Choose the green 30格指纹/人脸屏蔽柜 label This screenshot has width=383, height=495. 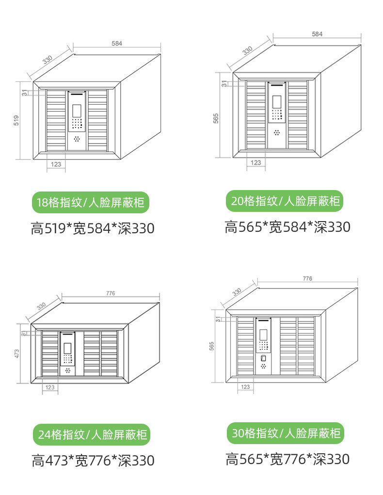point(286,433)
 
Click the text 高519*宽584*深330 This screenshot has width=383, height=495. point(93,228)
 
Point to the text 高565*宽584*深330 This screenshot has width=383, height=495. point(287,226)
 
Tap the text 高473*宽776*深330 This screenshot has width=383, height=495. point(93,460)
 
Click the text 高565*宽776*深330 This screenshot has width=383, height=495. point(287,459)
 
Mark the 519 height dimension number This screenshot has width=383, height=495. point(16,121)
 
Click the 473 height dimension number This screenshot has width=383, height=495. point(17,353)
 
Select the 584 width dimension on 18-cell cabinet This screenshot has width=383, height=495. point(117,43)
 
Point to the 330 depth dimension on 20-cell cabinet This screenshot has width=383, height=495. point(247,50)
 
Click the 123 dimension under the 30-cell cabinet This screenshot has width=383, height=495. point(245,386)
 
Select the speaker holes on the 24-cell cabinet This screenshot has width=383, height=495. point(67,370)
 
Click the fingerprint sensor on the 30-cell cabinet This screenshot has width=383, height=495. point(263,358)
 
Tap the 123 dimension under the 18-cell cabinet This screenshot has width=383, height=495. point(56,164)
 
